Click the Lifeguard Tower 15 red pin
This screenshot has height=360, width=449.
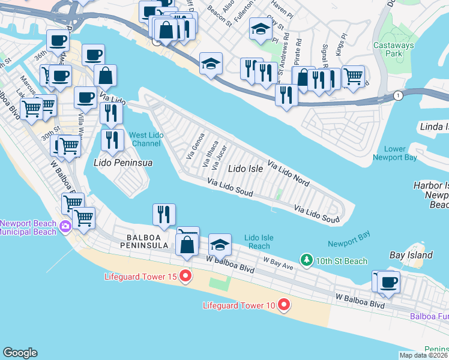(x=185, y=277)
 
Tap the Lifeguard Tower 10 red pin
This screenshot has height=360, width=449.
(x=283, y=305)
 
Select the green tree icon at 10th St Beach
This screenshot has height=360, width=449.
(x=307, y=260)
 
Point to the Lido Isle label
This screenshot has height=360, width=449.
(x=245, y=169)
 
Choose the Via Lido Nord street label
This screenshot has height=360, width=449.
(x=288, y=173)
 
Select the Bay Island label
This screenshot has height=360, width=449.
(x=411, y=255)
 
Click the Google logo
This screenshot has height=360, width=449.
(x=20, y=353)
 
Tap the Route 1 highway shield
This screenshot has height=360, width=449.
(x=397, y=95)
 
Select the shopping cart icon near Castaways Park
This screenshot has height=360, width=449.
(x=353, y=76)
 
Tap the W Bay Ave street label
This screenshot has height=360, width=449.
(x=277, y=264)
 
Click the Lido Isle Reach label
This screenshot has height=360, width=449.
(x=259, y=242)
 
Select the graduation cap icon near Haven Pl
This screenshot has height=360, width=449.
(x=261, y=28)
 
